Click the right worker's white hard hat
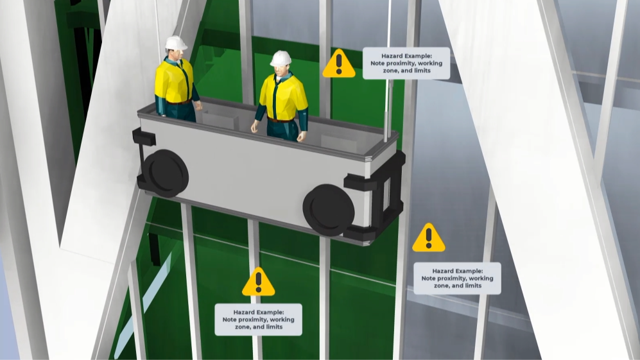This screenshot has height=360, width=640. point(281,58)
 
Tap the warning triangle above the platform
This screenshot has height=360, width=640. point(338,64)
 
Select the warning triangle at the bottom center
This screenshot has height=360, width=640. point(258,282)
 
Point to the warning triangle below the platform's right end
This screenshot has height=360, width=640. point(428,238)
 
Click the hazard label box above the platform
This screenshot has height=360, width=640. point(406,63)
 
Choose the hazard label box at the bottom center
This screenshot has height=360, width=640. point(258,319)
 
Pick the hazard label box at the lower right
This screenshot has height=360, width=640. point(457,278)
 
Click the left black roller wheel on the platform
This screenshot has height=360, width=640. point(164,173)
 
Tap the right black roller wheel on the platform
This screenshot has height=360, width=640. point(329,210)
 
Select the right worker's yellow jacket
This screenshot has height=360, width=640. point(286,97)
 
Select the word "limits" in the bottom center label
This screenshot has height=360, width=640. point(273,327)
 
